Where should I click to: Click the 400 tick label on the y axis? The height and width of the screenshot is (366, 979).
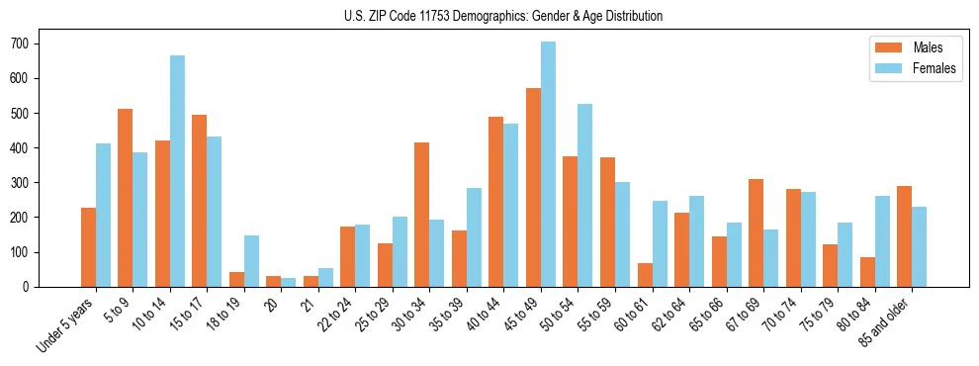point(23,148)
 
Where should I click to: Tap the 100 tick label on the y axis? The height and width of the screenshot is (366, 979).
point(23,252)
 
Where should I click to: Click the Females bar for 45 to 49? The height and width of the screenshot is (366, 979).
point(548,164)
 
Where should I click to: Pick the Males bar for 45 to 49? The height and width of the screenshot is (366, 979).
point(533,188)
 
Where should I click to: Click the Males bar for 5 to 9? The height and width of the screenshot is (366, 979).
point(126,198)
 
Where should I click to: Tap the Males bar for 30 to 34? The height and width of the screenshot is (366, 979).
point(422,215)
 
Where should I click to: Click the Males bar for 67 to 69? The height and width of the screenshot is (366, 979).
point(756,232)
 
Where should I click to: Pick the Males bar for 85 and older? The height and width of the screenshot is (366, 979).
point(904,236)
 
